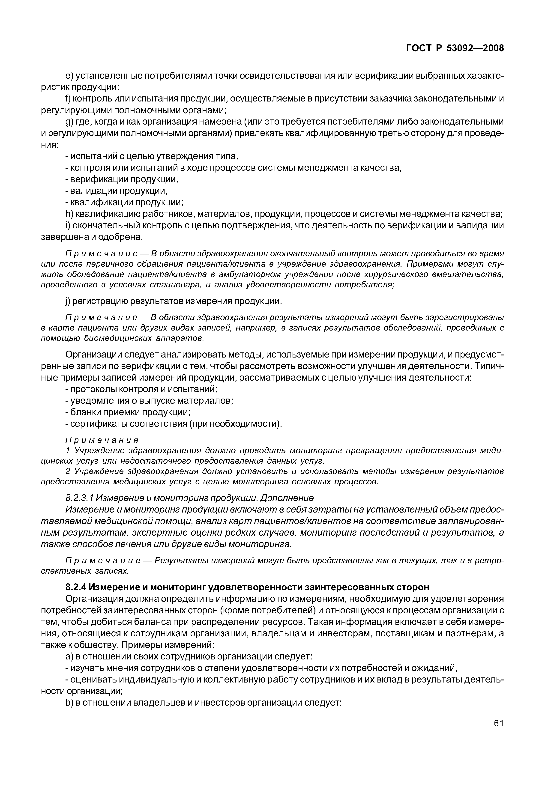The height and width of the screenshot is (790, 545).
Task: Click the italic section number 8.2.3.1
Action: coord(79,498)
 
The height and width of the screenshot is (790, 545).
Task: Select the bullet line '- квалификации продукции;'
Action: coord(124,203)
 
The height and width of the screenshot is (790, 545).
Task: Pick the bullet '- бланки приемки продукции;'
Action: coord(128,412)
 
